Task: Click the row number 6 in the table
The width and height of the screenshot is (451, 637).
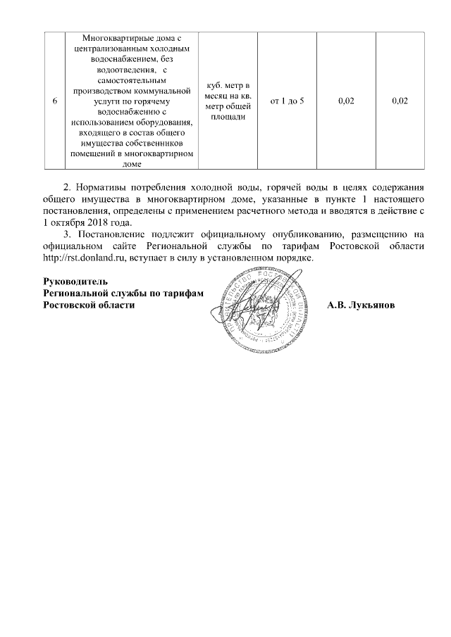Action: click(x=55, y=101)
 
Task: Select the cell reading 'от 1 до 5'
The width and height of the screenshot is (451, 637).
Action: click(x=288, y=101)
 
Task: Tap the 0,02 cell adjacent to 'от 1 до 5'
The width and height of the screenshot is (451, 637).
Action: click(x=345, y=101)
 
